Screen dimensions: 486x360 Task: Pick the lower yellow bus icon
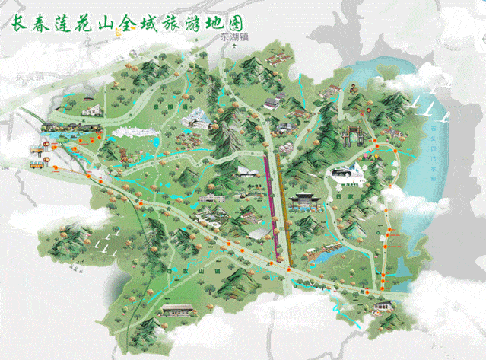click(x=35, y=162)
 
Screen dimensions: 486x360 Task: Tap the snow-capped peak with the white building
click(x=199, y=117)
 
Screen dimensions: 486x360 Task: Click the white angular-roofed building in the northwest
click(x=91, y=110)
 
